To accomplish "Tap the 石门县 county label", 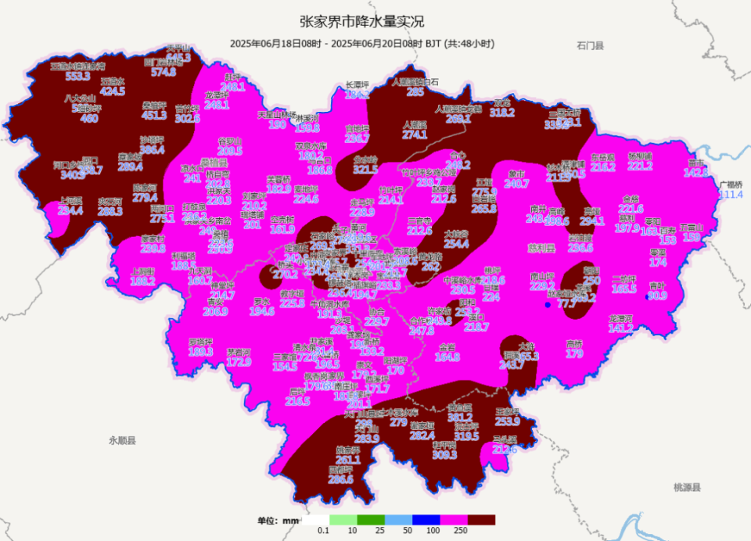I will pyautogui.click(x=589, y=46).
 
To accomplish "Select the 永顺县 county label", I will pyautogui.click(x=123, y=441).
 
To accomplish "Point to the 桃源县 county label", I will pyautogui.click(x=687, y=487).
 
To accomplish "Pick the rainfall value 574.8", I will pyautogui.click(x=163, y=73).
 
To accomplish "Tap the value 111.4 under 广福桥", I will pyautogui.click(x=731, y=195).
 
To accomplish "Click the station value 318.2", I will pyautogui.click(x=502, y=113).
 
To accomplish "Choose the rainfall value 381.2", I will pyautogui.click(x=460, y=417).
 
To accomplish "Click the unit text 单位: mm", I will pyautogui.click(x=278, y=521).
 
